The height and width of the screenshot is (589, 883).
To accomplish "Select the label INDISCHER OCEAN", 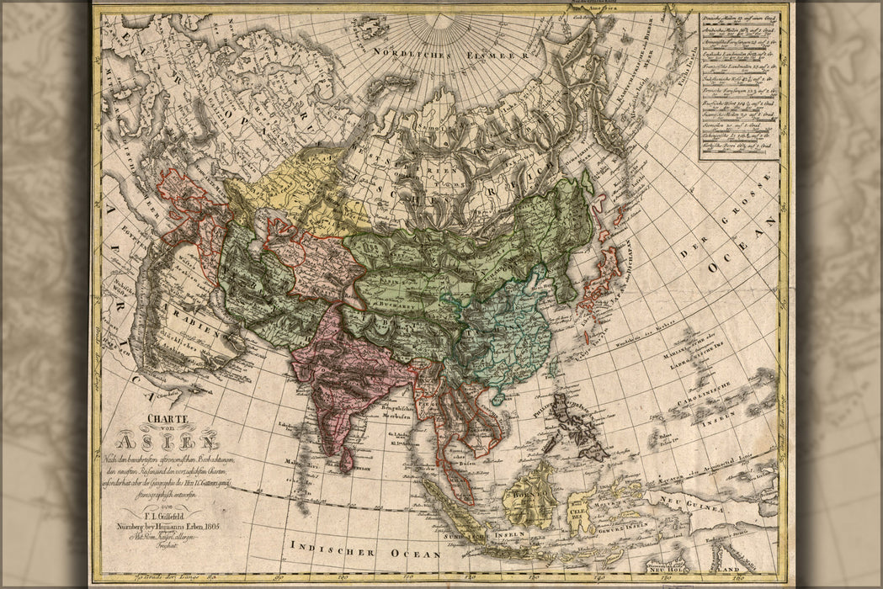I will pos(365,552).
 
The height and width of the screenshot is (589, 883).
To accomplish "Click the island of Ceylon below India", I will pos(346,459).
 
